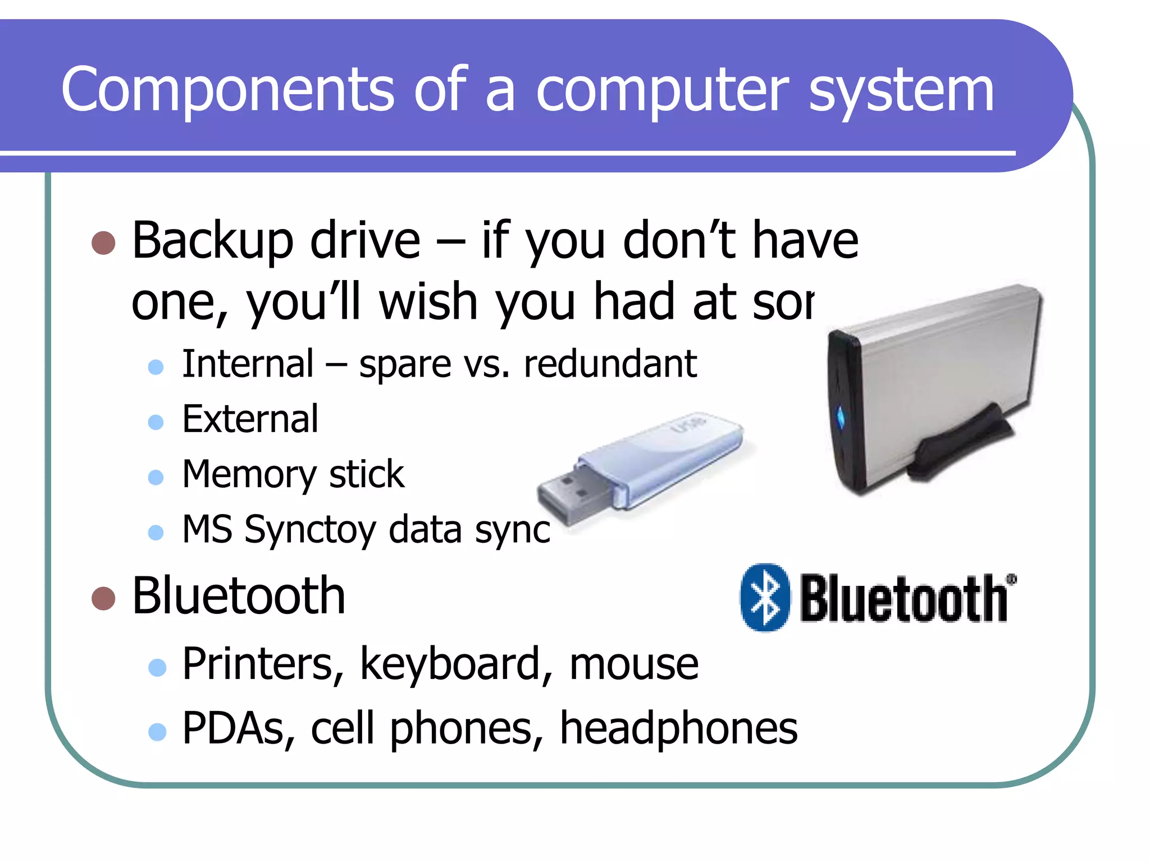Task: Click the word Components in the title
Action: tap(227, 90)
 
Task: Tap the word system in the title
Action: tap(901, 93)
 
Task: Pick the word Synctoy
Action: tap(309, 530)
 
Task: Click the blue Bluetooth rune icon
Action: tap(765, 598)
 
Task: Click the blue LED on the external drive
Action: tap(841, 417)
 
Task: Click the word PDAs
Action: tap(239, 728)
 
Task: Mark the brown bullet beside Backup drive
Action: tap(103, 243)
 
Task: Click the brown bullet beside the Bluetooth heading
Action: tap(103, 598)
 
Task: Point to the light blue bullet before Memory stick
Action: tap(156, 477)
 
